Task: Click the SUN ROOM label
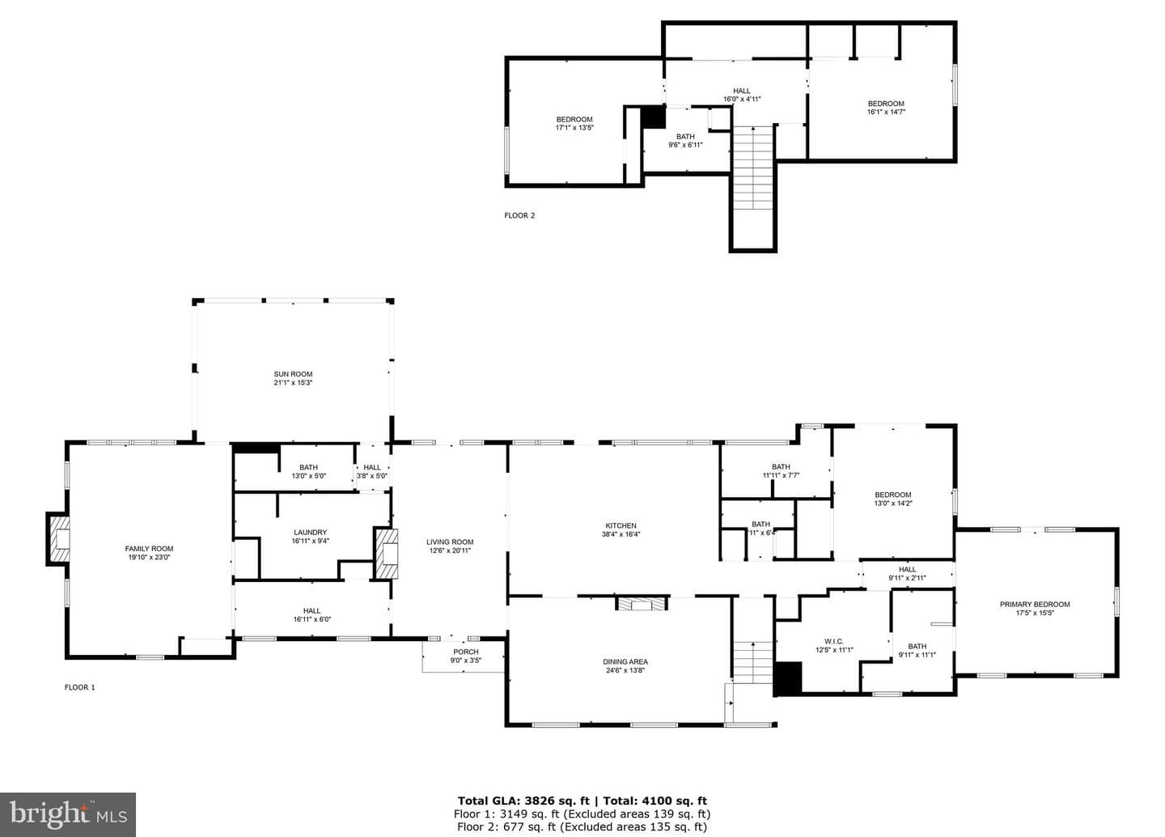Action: (293, 374)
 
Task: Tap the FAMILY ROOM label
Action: (149, 548)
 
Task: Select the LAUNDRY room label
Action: (311, 532)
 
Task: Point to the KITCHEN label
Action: (621, 525)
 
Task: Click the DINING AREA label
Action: (625, 661)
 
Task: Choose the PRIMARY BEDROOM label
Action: (1035, 605)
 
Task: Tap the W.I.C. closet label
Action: (833, 641)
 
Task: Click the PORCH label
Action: (465, 652)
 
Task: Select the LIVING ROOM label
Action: (450, 542)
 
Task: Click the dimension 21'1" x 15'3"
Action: (293, 383)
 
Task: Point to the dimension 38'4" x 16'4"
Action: (621, 534)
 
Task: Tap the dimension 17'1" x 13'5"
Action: (574, 128)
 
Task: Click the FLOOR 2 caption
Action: (519, 215)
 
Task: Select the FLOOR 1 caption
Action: (79, 687)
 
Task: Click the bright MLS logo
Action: (68, 814)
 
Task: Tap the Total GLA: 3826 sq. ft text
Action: (523, 801)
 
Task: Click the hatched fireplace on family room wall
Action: (57, 539)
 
